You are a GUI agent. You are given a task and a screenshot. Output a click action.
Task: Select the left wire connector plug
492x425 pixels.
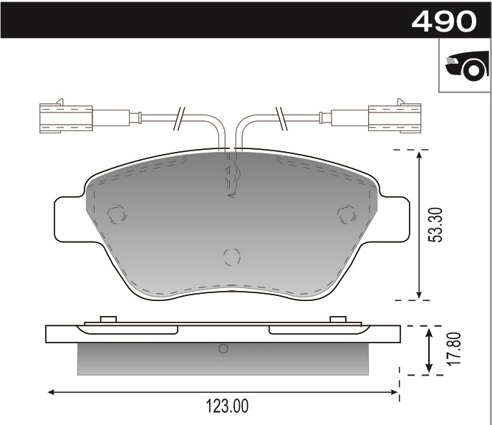click(66, 118)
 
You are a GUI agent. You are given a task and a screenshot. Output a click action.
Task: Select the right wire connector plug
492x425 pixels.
click(395, 118)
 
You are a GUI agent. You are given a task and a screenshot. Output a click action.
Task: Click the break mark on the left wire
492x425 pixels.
click(180, 117)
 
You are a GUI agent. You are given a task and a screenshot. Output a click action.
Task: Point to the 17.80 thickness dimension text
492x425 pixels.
click(452, 349)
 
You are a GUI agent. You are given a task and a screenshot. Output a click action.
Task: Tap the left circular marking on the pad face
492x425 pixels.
click(116, 214)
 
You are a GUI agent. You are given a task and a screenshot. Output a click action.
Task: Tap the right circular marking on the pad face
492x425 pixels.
click(347, 214)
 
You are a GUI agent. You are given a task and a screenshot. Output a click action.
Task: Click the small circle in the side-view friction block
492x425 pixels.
click(223, 349)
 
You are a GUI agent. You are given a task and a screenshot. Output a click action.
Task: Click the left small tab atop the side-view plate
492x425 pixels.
click(109, 319)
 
